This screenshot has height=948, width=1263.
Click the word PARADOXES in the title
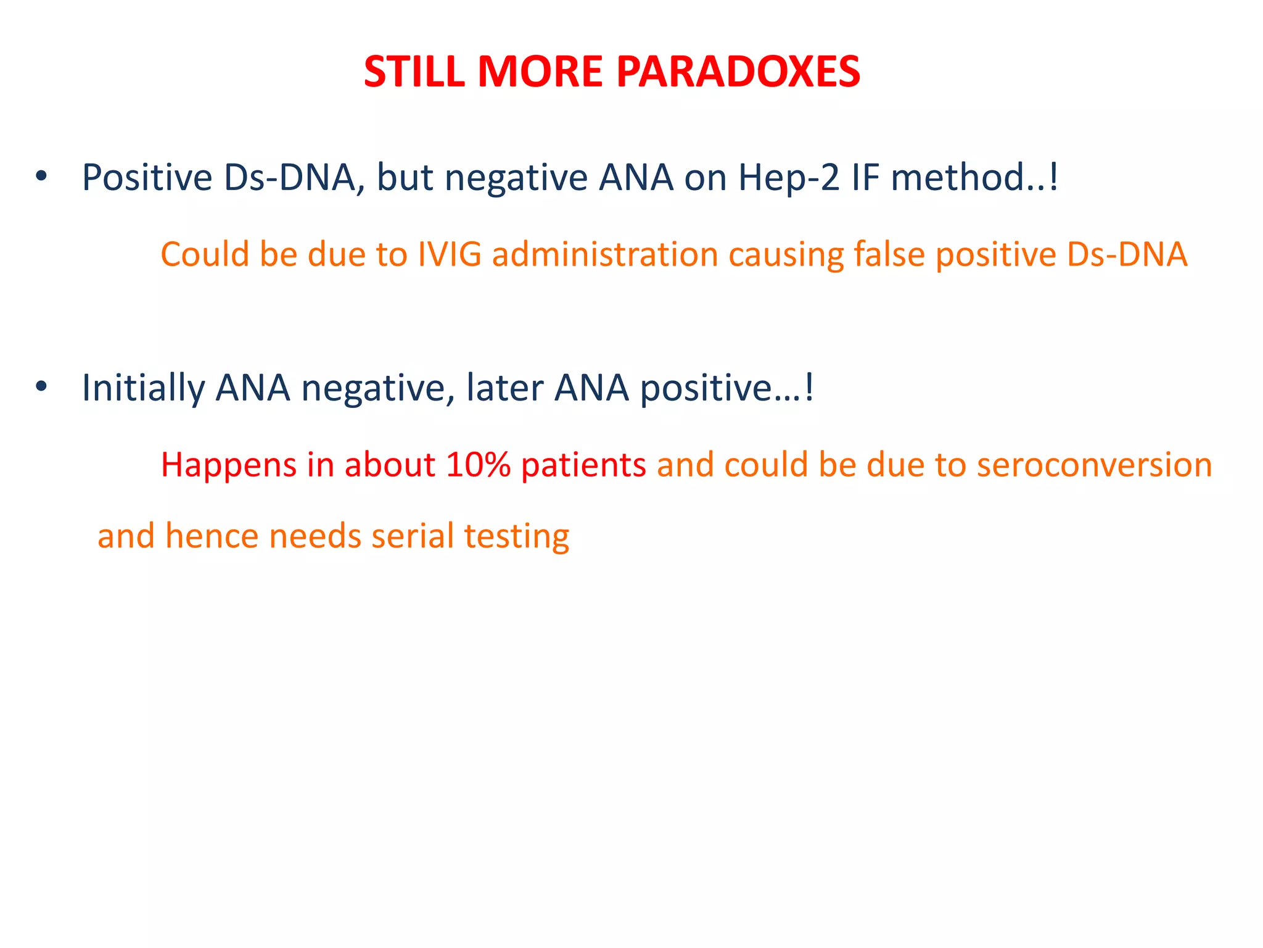(738, 72)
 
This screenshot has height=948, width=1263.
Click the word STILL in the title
(414, 72)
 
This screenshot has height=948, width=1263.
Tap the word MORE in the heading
(540, 72)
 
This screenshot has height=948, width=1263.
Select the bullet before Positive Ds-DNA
(41, 177)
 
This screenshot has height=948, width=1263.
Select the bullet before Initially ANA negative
(41, 388)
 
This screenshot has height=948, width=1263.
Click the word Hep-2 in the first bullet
(789, 178)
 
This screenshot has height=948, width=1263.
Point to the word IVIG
(449, 254)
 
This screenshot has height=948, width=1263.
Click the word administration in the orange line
(605, 254)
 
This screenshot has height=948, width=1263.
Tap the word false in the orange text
(889, 254)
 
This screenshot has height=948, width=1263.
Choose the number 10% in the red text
(478, 465)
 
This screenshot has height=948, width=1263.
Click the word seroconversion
(1094, 465)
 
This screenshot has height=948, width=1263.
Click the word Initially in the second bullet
(143, 388)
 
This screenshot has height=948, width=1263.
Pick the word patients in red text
(583, 465)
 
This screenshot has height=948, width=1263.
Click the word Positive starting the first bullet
(147, 178)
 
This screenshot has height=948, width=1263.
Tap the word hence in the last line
(212, 536)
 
